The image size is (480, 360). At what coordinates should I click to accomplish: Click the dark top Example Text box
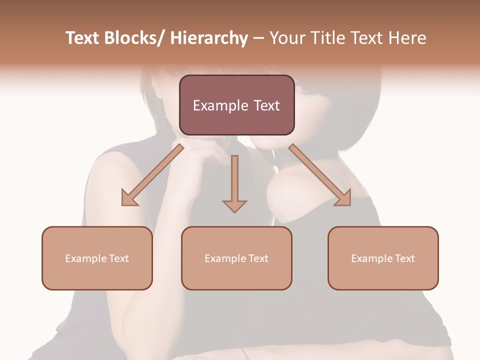[236, 105]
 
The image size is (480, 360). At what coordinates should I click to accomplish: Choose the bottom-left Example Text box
[97, 258]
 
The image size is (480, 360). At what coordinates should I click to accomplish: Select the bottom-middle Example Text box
[236, 258]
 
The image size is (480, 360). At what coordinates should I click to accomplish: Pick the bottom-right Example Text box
[383, 258]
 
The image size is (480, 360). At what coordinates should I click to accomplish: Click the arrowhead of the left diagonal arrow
[129, 197]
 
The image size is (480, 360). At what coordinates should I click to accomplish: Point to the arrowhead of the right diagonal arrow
[343, 197]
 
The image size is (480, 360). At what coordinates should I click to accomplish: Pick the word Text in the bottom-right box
[404, 258]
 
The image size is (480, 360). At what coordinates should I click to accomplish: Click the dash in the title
[258, 38]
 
